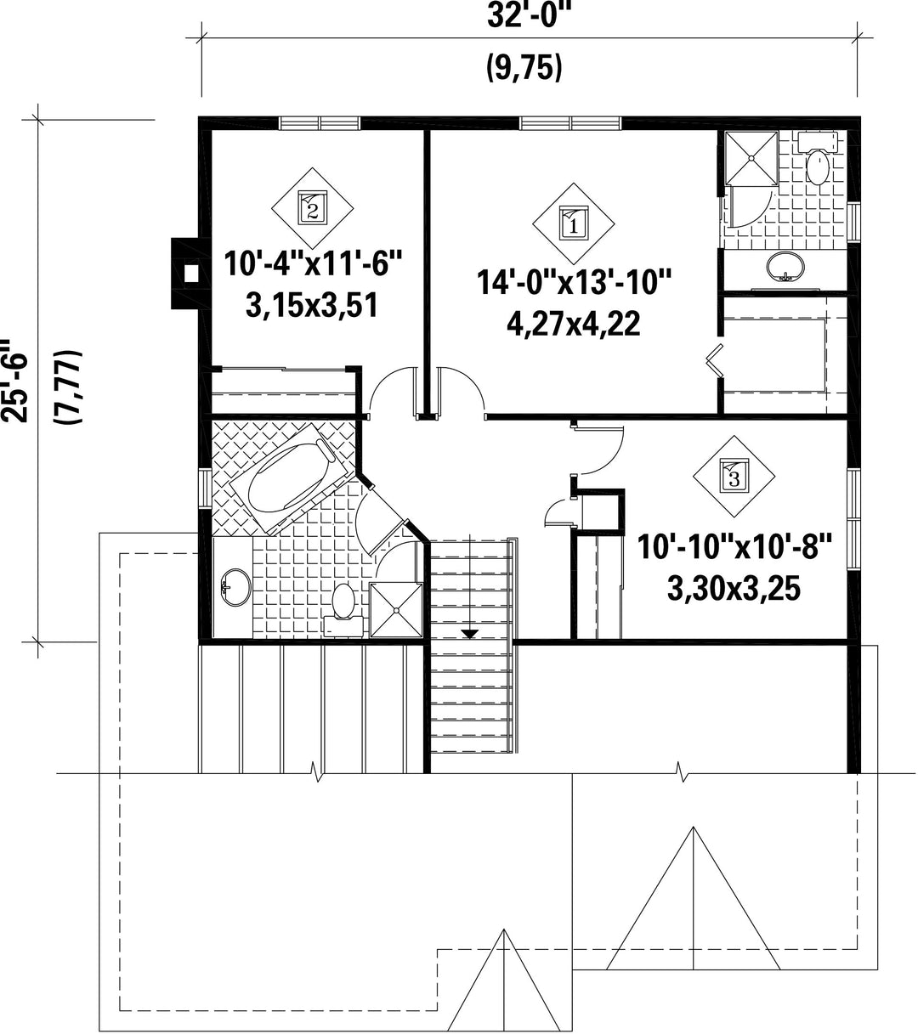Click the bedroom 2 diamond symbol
(x=312, y=208)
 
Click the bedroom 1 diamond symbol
(x=574, y=223)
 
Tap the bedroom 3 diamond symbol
(x=734, y=476)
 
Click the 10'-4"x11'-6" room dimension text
(x=313, y=264)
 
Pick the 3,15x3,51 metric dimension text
(x=312, y=306)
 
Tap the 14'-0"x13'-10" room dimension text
(x=574, y=282)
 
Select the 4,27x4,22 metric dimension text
(x=574, y=324)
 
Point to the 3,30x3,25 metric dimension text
(x=734, y=589)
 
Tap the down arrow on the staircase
(x=470, y=635)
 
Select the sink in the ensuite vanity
(x=785, y=267)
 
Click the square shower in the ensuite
(x=751, y=158)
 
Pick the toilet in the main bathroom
(x=343, y=610)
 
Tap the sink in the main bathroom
(x=235, y=587)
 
